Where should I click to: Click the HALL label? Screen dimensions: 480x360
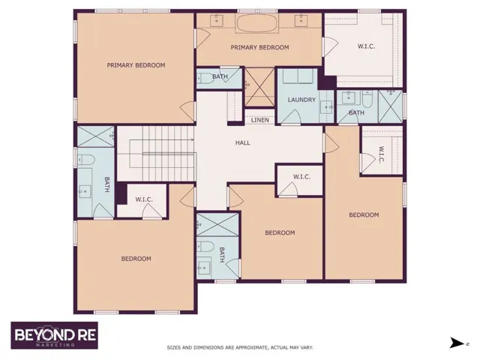(x=242, y=142)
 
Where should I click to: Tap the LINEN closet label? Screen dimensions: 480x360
(x=260, y=120)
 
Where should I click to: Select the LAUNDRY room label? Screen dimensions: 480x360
(x=301, y=100)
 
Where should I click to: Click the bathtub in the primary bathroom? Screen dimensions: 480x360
(x=256, y=23)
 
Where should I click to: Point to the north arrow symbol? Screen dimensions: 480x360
(x=457, y=343)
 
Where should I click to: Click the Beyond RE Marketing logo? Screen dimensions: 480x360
(x=55, y=335)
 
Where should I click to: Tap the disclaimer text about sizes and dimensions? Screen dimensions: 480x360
(x=240, y=348)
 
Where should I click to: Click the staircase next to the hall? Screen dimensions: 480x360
(x=156, y=154)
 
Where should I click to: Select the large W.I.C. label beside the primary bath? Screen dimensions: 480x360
(x=366, y=46)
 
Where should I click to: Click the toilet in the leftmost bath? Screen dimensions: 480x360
(x=86, y=160)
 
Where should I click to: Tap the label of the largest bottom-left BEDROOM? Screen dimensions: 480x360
(x=136, y=259)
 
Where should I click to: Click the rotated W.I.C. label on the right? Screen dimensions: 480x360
(x=382, y=155)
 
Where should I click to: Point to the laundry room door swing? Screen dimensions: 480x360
(x=292, y=117)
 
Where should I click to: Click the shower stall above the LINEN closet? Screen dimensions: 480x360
(x=259, y=87)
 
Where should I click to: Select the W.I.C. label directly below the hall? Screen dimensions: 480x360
(x=301, y=177)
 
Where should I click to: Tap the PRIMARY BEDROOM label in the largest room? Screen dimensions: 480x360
(x=136, y=65)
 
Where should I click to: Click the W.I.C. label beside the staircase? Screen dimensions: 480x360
(x=144, y=199)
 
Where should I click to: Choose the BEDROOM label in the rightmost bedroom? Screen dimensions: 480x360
(x=364, y=215)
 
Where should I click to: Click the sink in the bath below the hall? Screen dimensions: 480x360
(x=205, y=268)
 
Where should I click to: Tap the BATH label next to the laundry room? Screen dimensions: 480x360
(x=357, y=113)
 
